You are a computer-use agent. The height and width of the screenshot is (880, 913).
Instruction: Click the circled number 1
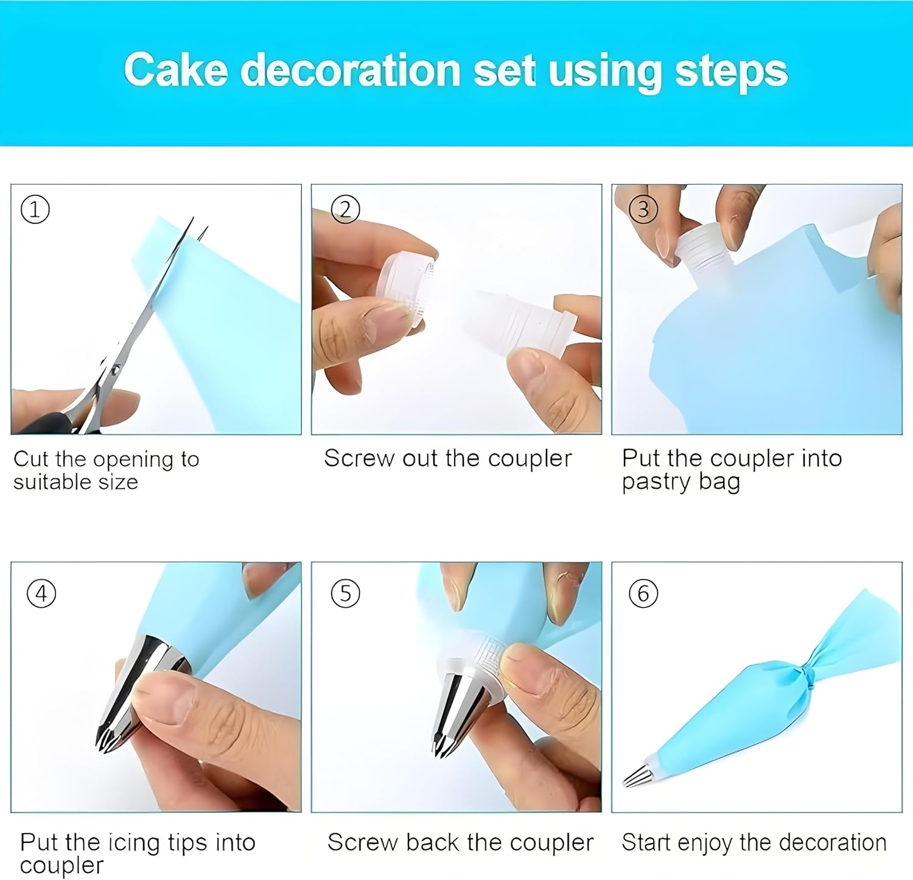coord(35,210)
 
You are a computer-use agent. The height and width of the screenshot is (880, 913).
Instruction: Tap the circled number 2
coord(345,210)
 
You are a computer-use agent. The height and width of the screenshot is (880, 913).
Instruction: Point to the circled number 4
coord(41,593)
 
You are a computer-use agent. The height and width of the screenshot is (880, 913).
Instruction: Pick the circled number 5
coord(345,593)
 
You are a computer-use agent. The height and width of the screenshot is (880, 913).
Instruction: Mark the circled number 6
coord(643,593)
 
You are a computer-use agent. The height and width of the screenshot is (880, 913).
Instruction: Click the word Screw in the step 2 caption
coord(359,458)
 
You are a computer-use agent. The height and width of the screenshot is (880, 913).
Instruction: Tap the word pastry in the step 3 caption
coord(656,482)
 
